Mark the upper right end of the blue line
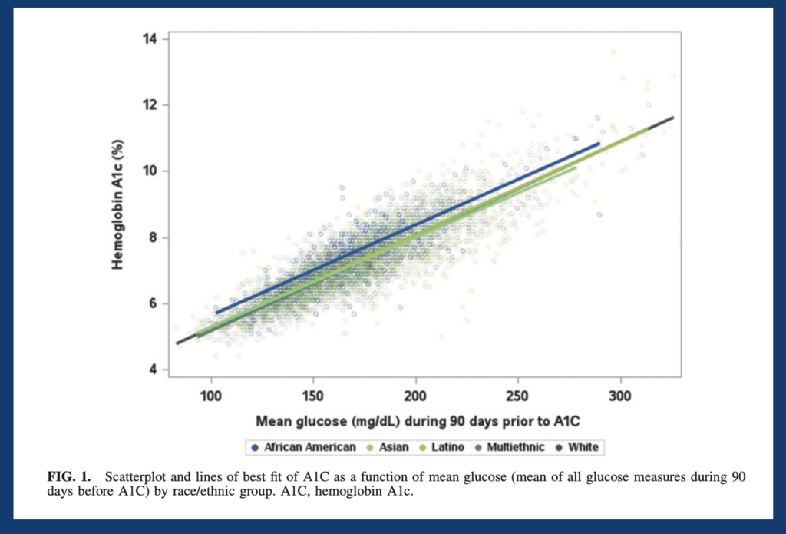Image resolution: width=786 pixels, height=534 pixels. [599, 143]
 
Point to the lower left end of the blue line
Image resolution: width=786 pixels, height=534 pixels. [216, 312]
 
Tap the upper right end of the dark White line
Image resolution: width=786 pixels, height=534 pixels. [673, 118]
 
